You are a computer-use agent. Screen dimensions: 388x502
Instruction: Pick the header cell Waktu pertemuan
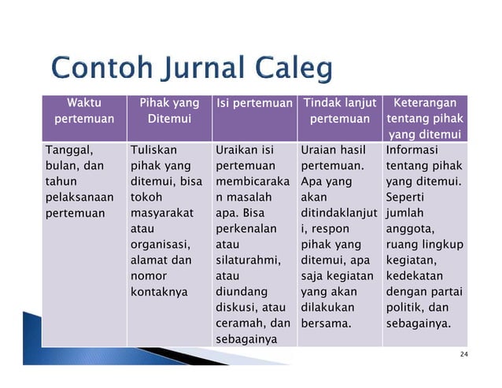[x=83, y=111]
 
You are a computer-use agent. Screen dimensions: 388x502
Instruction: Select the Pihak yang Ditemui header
[x=168, y=111]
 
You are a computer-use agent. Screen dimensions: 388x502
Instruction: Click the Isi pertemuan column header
[x=253, y=103]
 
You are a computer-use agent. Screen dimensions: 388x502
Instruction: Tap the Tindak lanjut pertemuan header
[x=339, y=111]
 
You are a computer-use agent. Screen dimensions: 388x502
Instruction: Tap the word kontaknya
[x=160, y=291]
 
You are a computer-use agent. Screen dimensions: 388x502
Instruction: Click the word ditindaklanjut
[x=338, y=212]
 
